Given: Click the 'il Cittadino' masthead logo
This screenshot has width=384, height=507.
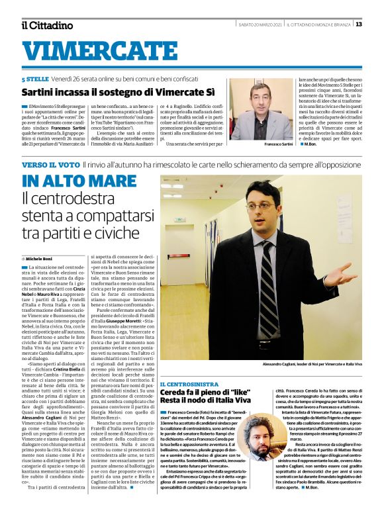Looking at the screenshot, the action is [47, 25].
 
